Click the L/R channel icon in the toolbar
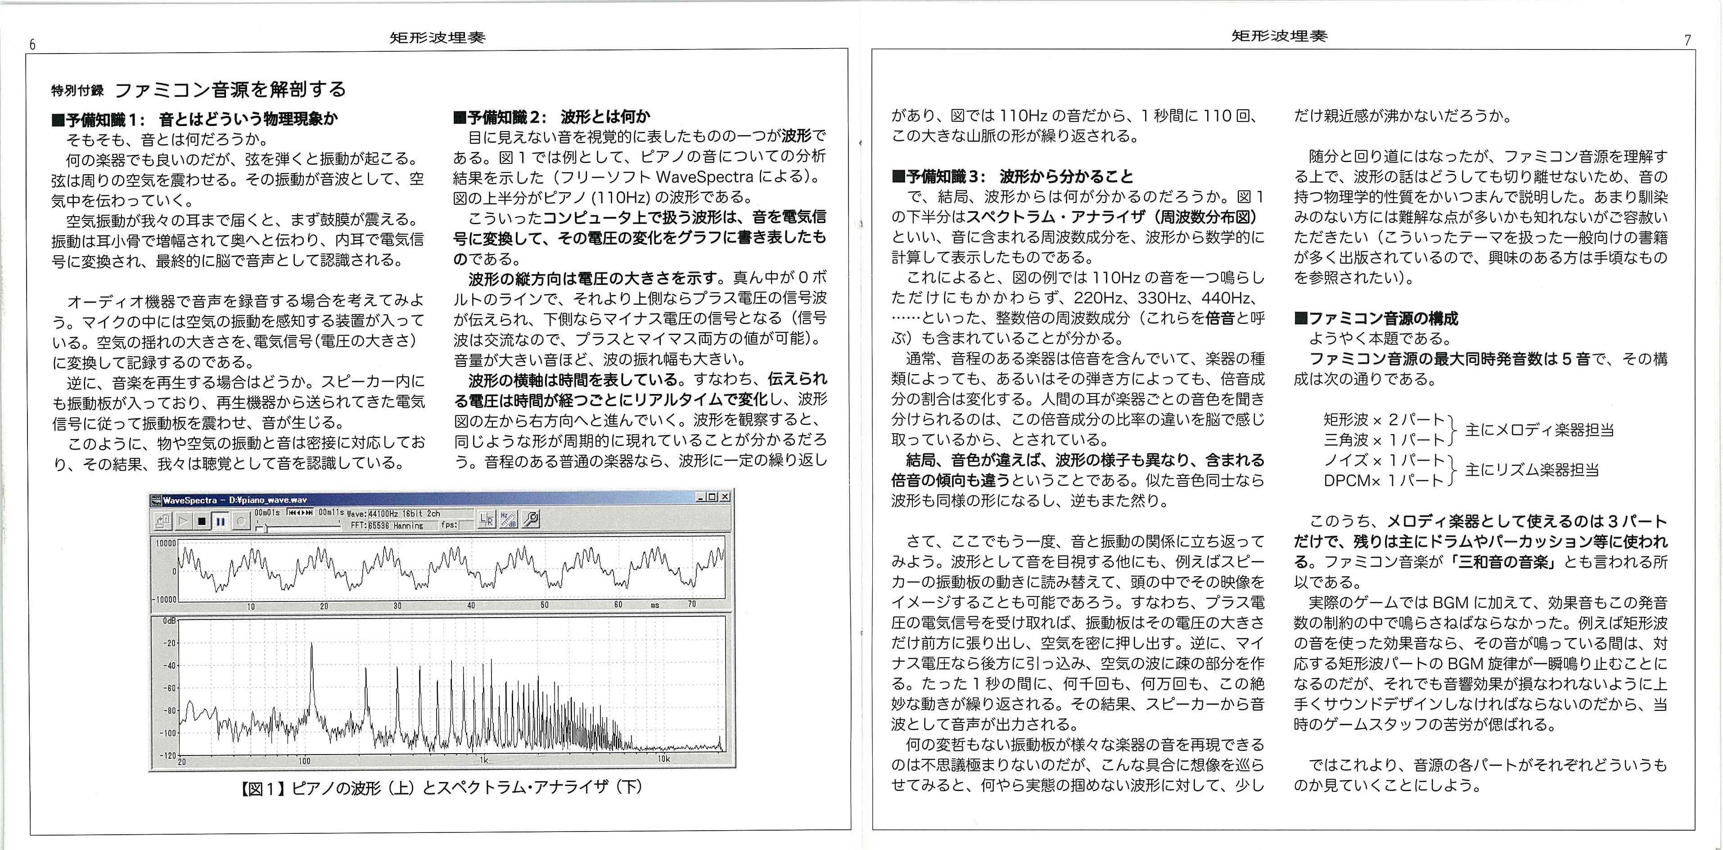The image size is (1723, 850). pyautogui.click(x=486, y=519)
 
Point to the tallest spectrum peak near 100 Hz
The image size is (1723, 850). pyautogui.click(x=311, y=645)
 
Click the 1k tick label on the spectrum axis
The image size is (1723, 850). pyautogui.click(x=483, y=760)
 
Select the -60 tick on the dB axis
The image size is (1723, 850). pyautogui.click(x=169, y=688)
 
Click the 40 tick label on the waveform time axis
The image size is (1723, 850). pyautogui.click(x=471, y=605)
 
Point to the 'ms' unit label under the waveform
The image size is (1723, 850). pyautogui.click(x=655, y=605)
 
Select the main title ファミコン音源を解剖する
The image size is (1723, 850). pyautogui.click(x=231, y=90)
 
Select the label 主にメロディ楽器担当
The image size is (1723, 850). pyautogui.click(x=1539, y=430)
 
